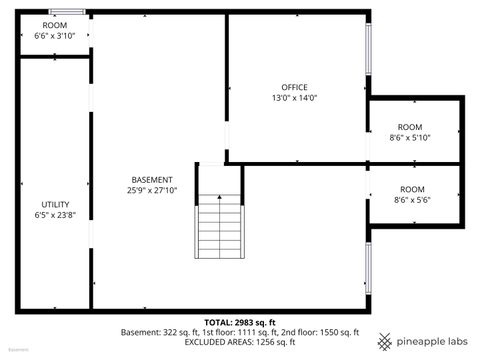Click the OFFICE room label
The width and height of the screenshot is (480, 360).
[294, 87]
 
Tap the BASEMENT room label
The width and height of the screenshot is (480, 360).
[152, 180]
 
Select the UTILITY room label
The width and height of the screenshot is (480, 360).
[55, 203]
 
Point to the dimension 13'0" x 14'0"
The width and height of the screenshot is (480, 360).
[294, 98]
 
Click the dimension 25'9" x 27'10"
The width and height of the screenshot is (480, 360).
[152, 190]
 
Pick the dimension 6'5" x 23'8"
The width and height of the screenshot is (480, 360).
[55, 214]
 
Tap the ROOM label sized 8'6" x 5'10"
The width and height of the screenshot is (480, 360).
[411, 127]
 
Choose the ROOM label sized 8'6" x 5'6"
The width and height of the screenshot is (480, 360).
[412, 188]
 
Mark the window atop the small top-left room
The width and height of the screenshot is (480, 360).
[68, 12]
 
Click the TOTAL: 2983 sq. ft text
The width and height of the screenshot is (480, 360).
[241, 322]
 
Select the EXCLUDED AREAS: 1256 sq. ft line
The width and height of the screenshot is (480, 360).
[241, 341]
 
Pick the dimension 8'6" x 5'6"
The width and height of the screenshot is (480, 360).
[412, 199]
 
